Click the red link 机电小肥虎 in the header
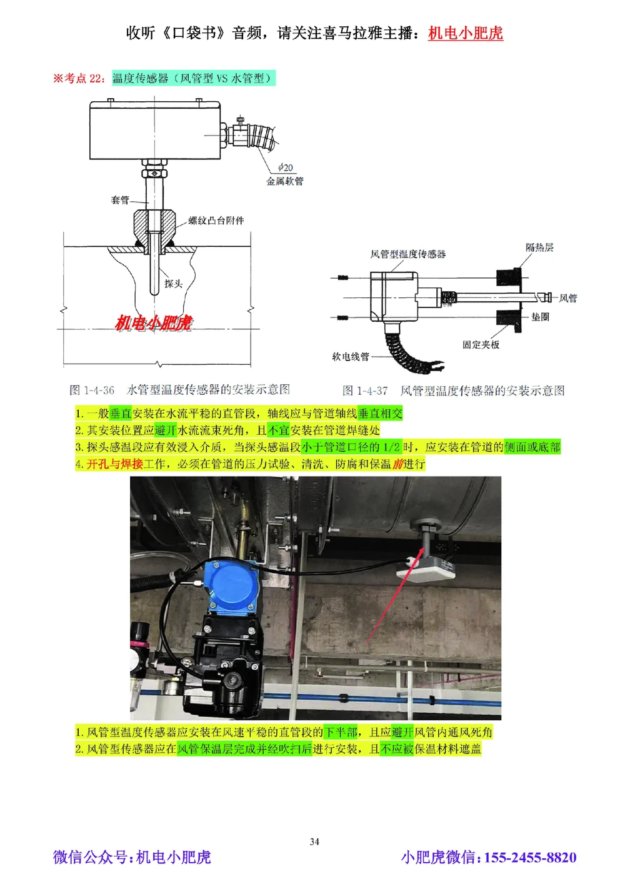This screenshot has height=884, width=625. pyautogui.click(x=465, y=33)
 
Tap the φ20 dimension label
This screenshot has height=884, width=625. pyautogui.click(x=285, y=167)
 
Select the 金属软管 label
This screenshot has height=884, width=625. pyautogui.click(x=285, y=181)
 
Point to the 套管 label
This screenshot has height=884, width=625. pyautogui.click(x=120, y=201)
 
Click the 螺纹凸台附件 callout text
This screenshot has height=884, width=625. pyautogui.click(x=216, y=221)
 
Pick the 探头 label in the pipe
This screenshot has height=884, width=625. pyautogui.click(x=173, y=284)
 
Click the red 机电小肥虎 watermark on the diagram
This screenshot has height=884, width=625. pyautogui.click(x=154, y=323)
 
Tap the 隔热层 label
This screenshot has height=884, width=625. pyautogui.click(x=539, y=247)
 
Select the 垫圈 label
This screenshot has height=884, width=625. pyautogui.click(x=540, y=317)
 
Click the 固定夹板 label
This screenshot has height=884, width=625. pyautogui.click(x=481, y=344)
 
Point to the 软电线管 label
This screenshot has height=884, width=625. pyautogui.click(x=350, y=357)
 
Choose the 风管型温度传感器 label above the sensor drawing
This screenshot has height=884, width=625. pyautogui.click(x=407, y=254)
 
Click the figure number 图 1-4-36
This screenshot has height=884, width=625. pyautogui.click(x=92, y=390)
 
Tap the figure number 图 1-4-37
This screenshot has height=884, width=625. pyautogui.click(x=365, y=391)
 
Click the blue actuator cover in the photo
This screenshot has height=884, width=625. pyautogui.click(x=231, y=587)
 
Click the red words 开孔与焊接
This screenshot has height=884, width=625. pyautogui.click(x=114, y=464)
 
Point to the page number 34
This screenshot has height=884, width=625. pyautogui.click(x=314, y=842)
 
